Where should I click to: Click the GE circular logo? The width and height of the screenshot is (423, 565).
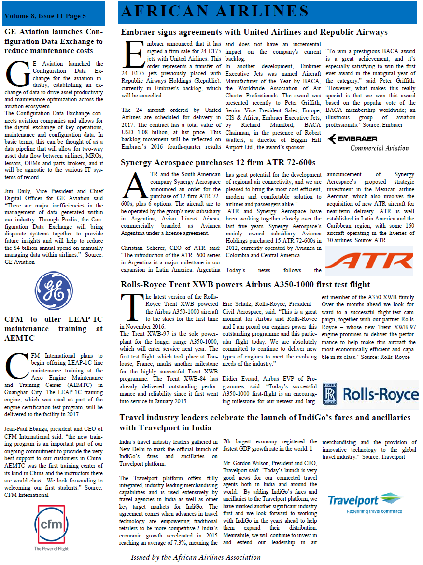(x=55, y=290)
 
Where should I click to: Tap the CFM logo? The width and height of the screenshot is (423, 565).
(x=51, y=524)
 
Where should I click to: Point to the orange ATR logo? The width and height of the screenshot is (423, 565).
(x=369, y=261)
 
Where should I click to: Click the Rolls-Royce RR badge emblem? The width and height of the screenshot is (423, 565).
(x=330, y=394)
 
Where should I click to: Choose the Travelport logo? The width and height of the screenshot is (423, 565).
(x=365, y=502)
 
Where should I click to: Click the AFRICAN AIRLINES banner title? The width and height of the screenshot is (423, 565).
(x=215, y=11)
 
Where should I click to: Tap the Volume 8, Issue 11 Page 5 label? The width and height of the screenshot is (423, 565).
(x=45, y=16)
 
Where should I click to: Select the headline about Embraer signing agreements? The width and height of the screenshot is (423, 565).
(x=254, y=32)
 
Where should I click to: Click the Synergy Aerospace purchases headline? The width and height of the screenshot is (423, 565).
(x=218, y=162)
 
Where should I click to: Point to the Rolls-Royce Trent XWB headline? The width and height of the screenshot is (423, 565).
(x=245, y=284)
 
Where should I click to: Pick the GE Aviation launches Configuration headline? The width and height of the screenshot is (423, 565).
(x=54, y=41)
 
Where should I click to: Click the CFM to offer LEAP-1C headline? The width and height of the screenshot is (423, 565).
(x=54, y=328)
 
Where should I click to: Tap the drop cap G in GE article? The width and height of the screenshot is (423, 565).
(x=17, y=74)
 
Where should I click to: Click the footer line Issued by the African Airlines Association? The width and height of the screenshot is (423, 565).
(x=196, y=557)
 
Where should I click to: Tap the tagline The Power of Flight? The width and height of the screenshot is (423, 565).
(x=51, y=549)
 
